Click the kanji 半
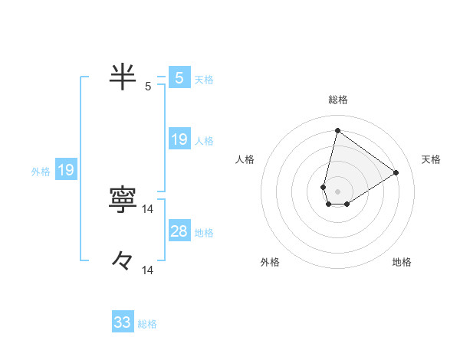(x=123, y=77)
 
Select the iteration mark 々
(x=123, y=260)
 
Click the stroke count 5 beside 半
(x=148, y=87)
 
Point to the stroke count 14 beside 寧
(x=148, y=209)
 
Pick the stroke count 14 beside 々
(x=148, y=270)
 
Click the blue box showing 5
(x=179, y=77)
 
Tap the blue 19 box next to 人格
(x=179, y=139)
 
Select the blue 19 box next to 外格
(x=66, y=170)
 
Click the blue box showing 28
(x=179, y=231)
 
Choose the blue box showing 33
(x=123, y=322)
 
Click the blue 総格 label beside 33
(x=147, y=324)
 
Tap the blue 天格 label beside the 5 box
(x=204, y=79)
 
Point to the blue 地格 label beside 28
(x=204, y=233)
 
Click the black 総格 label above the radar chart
(x=337, y=100)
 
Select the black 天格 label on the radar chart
(x=431, y=159)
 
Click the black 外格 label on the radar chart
(x=270, y=262)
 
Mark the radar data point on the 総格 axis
(x=337, y=130)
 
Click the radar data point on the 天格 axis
(x=396, y=172)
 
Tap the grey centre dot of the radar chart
(x=337, y=191)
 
